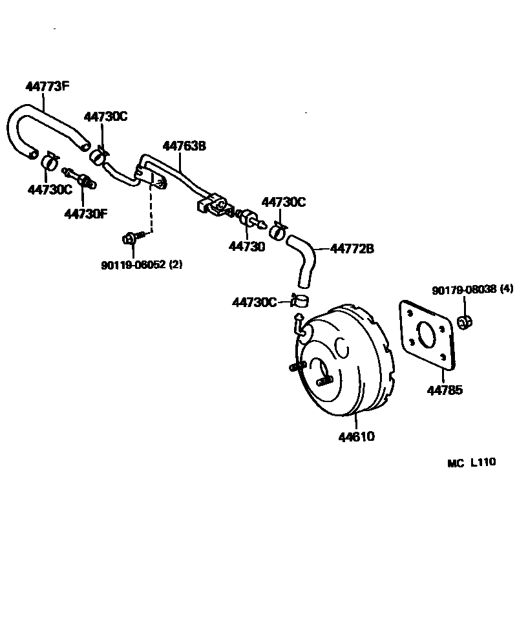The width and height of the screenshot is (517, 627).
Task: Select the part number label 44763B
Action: coord(184,146)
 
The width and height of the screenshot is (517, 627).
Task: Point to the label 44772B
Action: coord(352,248)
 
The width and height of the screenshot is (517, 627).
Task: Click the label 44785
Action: coord(445,390)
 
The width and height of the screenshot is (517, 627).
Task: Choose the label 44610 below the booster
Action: coord(356,436)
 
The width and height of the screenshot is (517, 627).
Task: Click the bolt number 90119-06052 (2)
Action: coord(142,264)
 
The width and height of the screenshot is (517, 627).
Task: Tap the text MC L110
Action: coord(471,462)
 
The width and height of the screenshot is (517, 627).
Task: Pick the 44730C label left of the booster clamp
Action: coord(254,302)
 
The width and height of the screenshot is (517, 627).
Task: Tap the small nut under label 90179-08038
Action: coord(463,321)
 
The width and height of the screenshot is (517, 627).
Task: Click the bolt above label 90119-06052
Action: coord(130,239)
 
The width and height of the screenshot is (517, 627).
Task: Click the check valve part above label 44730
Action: coord(248,220)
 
